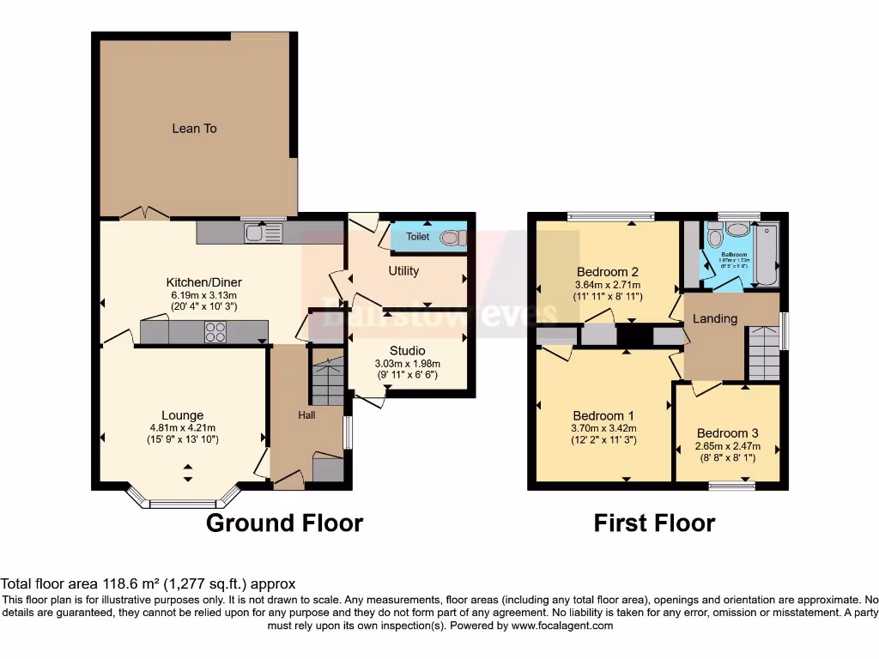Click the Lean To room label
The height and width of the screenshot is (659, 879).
click(194, 129)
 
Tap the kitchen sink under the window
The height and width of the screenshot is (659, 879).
click(263, 233)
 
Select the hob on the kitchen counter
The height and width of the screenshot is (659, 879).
click(215, 332)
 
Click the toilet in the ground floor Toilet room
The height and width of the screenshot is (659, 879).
click(449, 237)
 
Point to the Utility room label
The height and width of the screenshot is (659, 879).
click(403, 271)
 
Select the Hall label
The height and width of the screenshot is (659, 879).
click(306, 415)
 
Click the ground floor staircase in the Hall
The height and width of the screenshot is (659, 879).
click(326, 382)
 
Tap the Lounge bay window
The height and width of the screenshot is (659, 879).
click(182, 501)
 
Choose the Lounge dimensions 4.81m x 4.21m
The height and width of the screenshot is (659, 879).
click(183, 428)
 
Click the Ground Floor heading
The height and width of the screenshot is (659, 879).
click(284, 523)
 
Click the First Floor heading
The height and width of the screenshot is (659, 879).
click(654, 523)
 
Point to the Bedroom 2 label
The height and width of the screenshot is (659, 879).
click(608, 272)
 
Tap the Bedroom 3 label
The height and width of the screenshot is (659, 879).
click(727, 433)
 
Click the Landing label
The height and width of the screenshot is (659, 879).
click(715, 318)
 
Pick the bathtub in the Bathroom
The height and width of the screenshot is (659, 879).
click(767, 254)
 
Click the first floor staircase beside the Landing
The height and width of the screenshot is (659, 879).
click(763, 353)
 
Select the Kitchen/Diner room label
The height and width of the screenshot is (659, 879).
click(204, 282)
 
